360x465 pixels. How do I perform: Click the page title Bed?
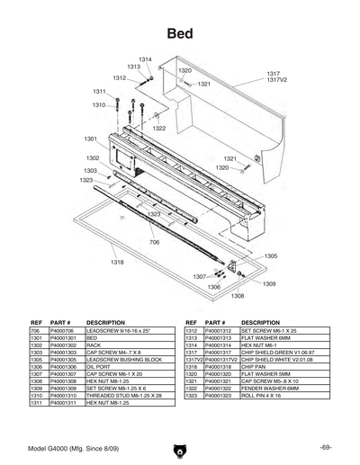point(179,33)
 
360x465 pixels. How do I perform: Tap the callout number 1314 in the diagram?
point(145,59)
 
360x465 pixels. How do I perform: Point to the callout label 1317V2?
point(278,80)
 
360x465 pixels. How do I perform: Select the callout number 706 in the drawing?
point(154,242)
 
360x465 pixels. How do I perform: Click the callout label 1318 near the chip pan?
point(117,262)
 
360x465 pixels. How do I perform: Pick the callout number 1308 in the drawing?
point(238,295)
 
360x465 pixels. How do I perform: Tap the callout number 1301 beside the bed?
point(91,139)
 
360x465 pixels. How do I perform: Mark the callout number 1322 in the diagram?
point(158,129)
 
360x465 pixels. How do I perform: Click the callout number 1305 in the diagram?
point(271,255)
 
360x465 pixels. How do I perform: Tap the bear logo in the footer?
point(180,448)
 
